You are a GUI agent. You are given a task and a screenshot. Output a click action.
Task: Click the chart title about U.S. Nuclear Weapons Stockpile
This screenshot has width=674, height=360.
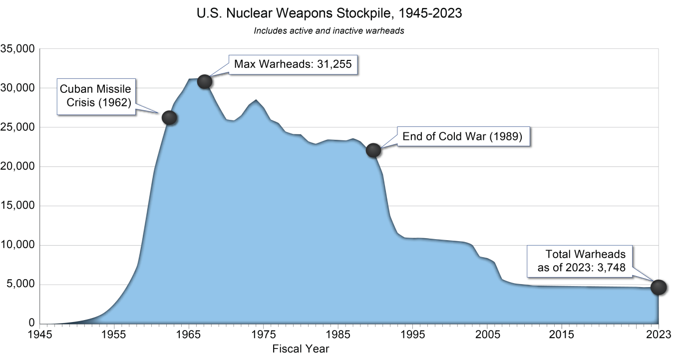tap(330, 13)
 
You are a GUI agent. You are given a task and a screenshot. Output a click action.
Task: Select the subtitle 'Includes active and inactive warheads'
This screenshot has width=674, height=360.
tap(329, 30)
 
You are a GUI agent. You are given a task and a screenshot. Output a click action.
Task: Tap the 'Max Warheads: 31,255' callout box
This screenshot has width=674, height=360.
tap(293, 64)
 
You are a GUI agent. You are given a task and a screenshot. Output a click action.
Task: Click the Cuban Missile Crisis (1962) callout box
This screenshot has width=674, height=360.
tap(96, 96)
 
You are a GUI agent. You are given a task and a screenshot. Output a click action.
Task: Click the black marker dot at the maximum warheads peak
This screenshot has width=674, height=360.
tap(205, 82)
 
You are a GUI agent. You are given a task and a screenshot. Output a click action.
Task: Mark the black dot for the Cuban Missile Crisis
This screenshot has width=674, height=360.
tap(169, 117)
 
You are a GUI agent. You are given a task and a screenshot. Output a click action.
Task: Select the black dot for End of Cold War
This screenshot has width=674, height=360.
tap(373, 150)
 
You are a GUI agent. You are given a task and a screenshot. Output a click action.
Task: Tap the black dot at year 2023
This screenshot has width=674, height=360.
tap(658, 287)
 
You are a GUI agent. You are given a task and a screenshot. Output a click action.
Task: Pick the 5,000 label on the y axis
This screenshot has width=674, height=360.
tap(20, 285)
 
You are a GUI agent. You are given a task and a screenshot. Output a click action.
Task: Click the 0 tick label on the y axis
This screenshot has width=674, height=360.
tap(30, 324)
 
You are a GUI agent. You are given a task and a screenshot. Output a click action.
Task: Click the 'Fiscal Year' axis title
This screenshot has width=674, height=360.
tap(301, 349)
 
